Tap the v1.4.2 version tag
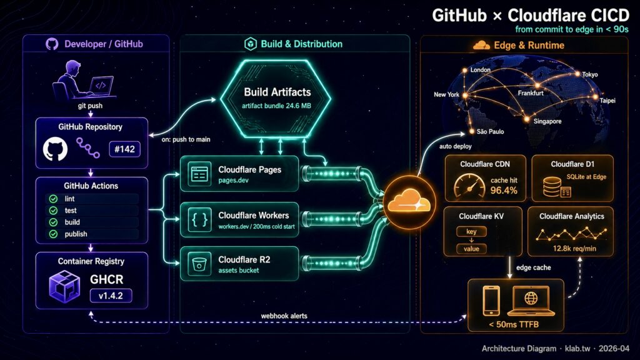click(x=111, y=295)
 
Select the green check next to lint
click(x=53, y=198)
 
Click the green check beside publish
click(x=53, y=234)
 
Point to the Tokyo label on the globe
click(x=590, y=74)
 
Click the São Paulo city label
click(x=490, y=132)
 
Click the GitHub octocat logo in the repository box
click(x=55, y=150)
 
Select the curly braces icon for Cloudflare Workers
click(x=199, y=219)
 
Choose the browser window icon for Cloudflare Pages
click(x=199, y=174)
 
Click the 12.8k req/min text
click(x=571, y=249)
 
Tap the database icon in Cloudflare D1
click(x=553, y=186)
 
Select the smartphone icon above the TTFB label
click(x=492, y=301)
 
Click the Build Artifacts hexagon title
click(x=277, y=92)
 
